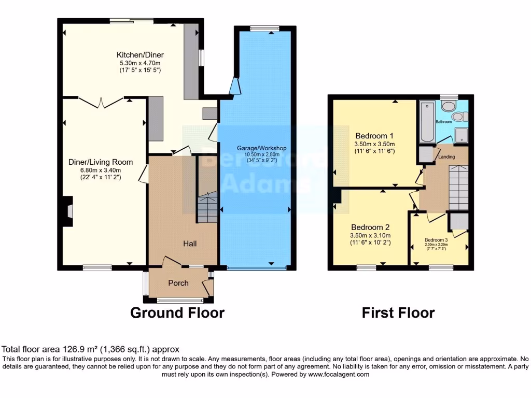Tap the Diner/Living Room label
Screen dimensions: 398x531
(x=101, y=162)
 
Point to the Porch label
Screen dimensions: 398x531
(x=178, y=283)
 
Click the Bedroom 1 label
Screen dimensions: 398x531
(x=374, y=130)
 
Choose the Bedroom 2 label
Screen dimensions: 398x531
(x=370, y=227)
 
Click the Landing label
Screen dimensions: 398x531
(x=446, y=157)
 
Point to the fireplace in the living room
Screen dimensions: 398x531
(x=67, y=212)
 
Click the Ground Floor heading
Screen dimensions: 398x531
(x=177, y=313)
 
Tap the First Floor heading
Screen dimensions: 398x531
(x=398, y=313)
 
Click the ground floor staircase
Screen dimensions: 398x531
(x=207, y=207)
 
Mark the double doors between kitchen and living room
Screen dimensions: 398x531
(x=102, y=102)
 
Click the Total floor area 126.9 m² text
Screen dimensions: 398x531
(x=91, y=349)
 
